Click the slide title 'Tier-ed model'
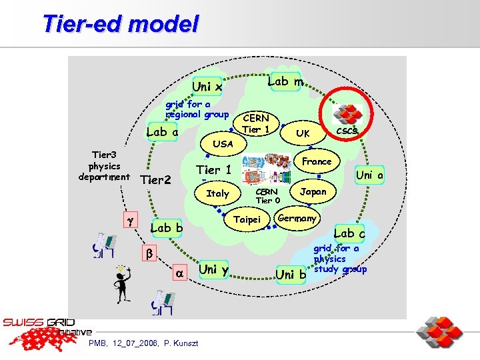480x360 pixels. click(120, 24)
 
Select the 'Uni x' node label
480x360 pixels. click(207, 86)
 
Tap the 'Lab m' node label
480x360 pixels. click(285, 81)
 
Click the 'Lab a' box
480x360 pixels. click(162, 131)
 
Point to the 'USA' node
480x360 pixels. click(223, 143)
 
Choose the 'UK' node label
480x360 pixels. click(303, 133)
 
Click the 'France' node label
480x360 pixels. click(317, 161)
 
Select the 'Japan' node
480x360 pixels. click(313, 191)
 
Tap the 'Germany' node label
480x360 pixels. click(297, 218)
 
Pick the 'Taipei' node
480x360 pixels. click(248, 219)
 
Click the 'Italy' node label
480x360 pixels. click(217, 193)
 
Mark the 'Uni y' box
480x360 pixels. click(214, 269)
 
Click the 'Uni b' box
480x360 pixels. click(291, 274)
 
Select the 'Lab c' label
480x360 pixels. click(349, 233)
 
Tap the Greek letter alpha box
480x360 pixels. click(179, 273)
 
